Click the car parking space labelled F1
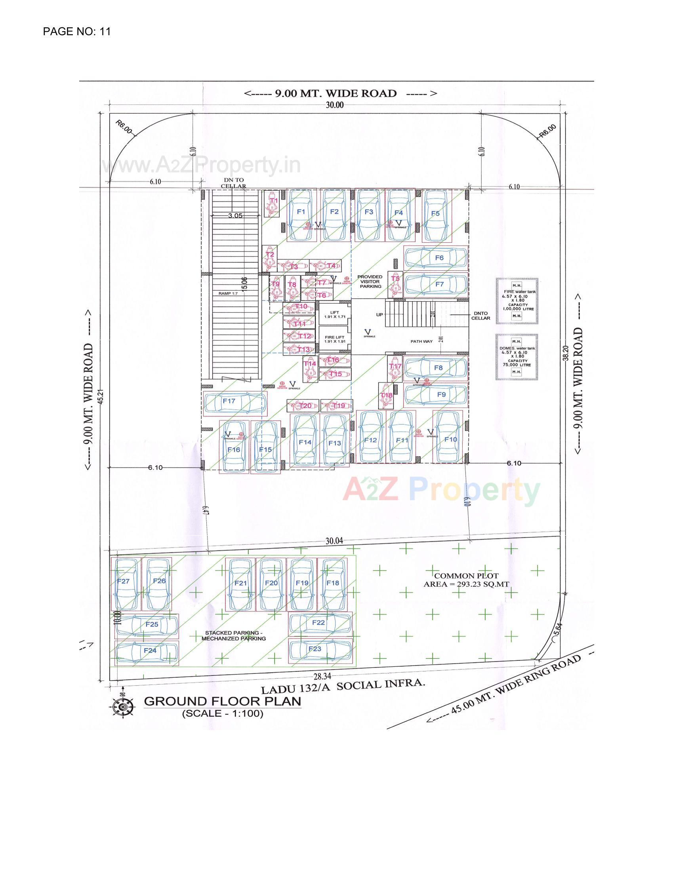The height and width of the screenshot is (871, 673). (301, 215)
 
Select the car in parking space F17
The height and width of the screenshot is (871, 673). (234, 403)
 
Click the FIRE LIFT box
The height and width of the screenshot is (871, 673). (334, 339)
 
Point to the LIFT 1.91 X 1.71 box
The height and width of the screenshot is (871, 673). (334, 314)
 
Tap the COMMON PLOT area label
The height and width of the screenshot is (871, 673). (466, 580)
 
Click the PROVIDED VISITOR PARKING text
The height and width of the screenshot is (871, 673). (370, 281)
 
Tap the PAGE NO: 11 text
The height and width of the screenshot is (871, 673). (76, 32)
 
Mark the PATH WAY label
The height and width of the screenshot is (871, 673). (422, 341)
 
